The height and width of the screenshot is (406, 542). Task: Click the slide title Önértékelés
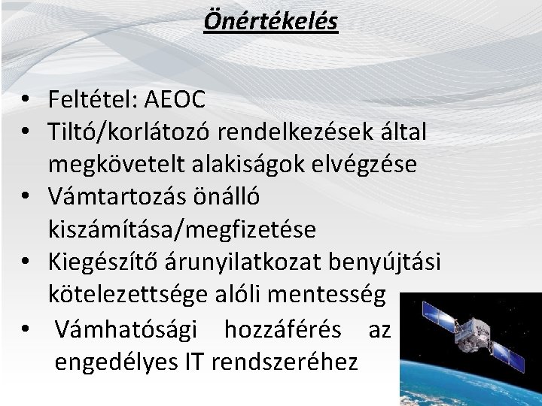click(271, 20)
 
